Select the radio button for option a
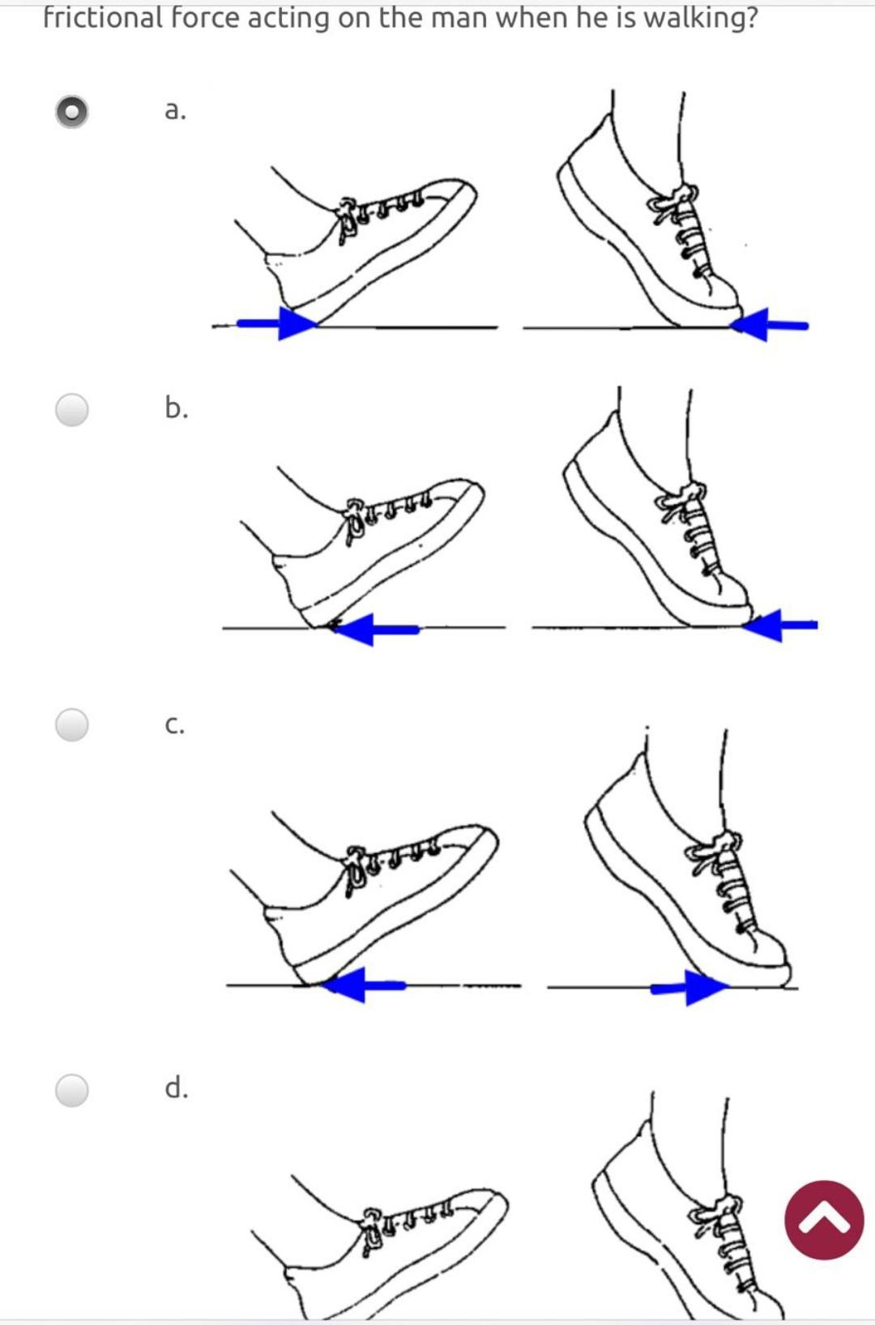tap(71, 112)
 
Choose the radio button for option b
tap(71, 409)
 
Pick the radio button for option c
tap(71, 724)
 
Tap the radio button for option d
tap(71, 1090)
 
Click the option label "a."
tap(175, 110)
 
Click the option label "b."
tap(176, 407)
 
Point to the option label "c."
tap(174, 725)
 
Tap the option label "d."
tap(176, 1087)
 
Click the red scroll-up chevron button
tap(824, 1220)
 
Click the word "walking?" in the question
tap(700, 18)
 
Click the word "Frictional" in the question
tap(102, 18)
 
